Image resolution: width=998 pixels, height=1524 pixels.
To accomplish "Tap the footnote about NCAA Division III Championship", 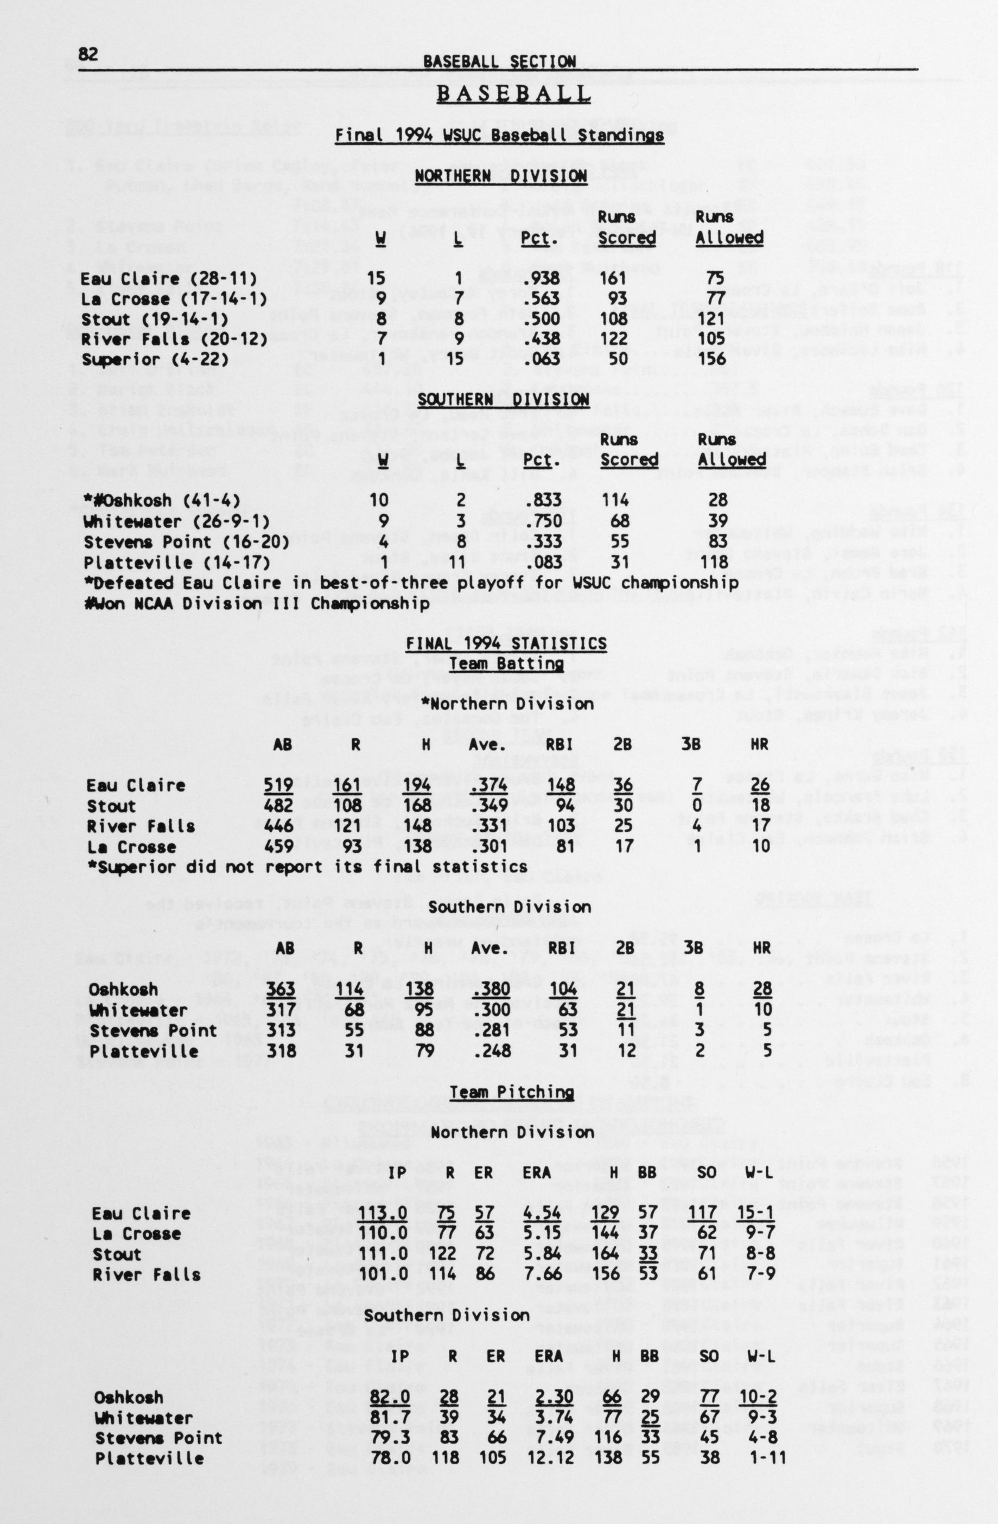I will (257, 603).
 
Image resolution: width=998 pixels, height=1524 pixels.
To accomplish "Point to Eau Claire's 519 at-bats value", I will (278, 785).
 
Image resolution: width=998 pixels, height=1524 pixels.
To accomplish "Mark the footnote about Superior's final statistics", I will (308, 867).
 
